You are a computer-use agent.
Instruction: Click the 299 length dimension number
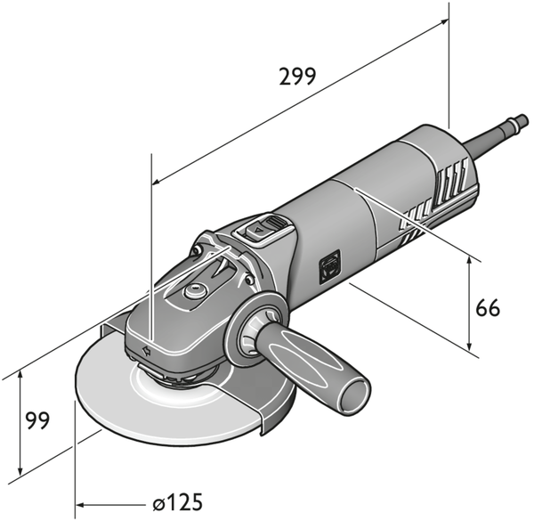pyautogui.click(x=297, y=77)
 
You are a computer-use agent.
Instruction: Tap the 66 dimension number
pyautogui.click(x=488, y=307)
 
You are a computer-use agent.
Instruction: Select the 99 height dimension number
pyautogui.click(x=37, y=420)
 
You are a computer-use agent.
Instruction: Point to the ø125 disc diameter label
pyautogui.click(x=177, y=502)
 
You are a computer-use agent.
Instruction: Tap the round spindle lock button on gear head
pyautogui.click(x=193, y=291)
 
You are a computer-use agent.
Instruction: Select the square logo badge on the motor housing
pyautogui.click(x=330, y=267)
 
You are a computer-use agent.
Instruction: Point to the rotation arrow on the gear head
pyautogui.click(x=147, y=351)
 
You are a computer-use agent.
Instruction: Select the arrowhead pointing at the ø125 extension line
pyautogui.click(x=79, y=505)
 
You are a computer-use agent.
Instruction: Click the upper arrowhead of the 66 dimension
pyautogui.click(x=469, y=261)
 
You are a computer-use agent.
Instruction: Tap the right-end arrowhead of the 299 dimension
pyautogui.click(x=444, y=21)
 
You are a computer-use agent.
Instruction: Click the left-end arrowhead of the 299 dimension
pyautogui.click(x=156, y=182)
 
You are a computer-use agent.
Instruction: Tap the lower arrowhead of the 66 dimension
pyautogui.click(x=469, y=346)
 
